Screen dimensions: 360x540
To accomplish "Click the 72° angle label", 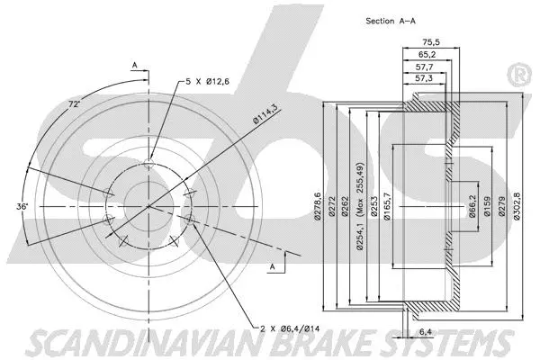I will coord(76,105).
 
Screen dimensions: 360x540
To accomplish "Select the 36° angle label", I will coord(23,207).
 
